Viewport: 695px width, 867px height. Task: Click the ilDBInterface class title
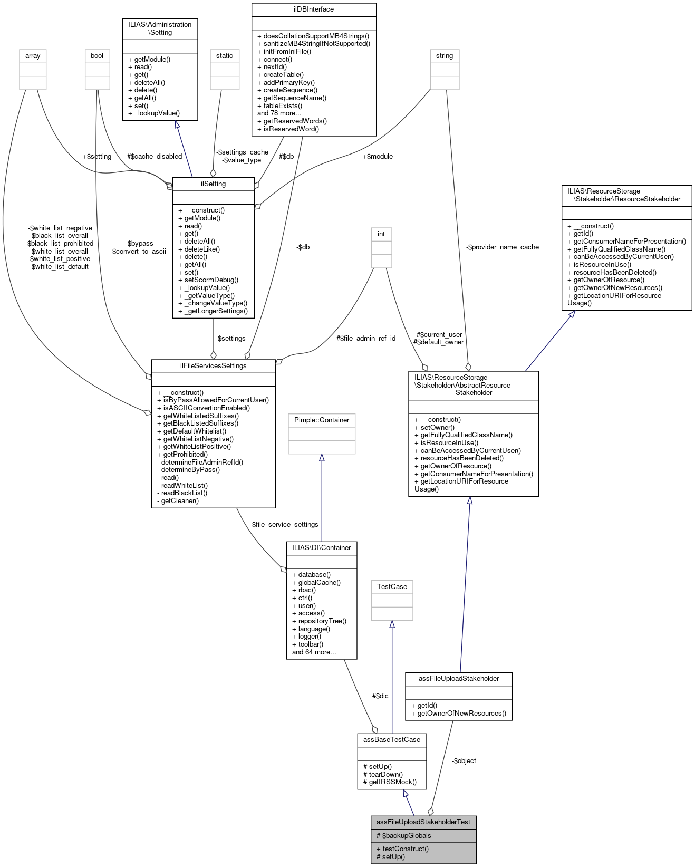pos(314,9)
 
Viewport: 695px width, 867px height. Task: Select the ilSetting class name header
pos(213,184)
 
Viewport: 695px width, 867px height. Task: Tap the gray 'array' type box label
pos(33,56)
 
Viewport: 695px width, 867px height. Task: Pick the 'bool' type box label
pos(97,56)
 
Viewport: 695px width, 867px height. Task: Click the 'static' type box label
pos(224,56)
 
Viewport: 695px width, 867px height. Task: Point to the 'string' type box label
pos(445,56)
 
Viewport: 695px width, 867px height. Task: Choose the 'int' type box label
pos(381,234)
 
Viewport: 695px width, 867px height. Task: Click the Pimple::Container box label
pos(322,420)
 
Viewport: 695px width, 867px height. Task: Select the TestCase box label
pos(392,587)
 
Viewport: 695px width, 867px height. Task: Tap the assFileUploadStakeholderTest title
pos(423,822)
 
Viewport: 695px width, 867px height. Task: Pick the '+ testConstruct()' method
pos(402,849)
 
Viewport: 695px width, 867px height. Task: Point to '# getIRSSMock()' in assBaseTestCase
pos(390,782)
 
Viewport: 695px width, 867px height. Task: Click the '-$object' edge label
pos(464,761)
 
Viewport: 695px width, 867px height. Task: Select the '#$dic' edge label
pos(380,696)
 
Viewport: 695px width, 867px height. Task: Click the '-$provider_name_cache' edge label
pos(503,247)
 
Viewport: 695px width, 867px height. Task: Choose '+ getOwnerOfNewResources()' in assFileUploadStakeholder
pos(458,714)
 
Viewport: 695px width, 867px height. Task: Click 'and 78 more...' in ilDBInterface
pos(279,113)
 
